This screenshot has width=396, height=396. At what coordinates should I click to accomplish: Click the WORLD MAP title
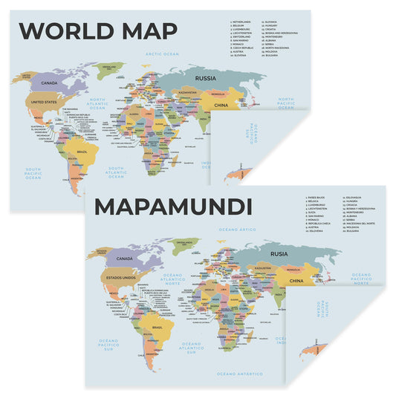pos(97,30)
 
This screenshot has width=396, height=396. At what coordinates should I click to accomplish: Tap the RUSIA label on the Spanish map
pos(279,253)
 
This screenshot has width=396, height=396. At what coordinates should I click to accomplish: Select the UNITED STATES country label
pos(42,103)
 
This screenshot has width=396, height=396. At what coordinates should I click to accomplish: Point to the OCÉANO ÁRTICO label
pos(236,230)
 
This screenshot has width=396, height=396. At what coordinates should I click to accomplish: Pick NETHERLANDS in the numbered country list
pos(242,22)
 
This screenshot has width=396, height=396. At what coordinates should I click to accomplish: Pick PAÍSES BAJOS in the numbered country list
pos(318,198)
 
